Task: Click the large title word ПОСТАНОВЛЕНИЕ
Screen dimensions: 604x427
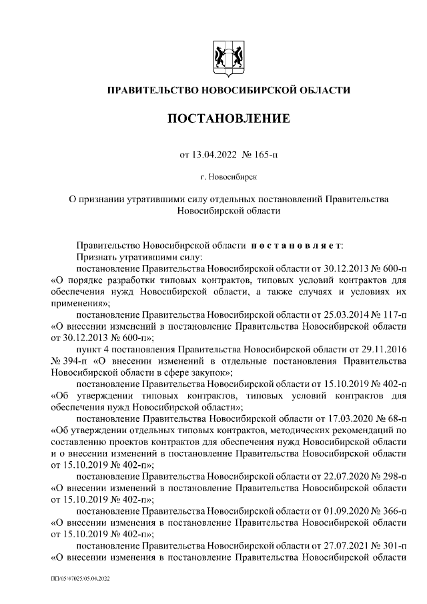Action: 228,119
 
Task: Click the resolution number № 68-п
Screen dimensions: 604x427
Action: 390,418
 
